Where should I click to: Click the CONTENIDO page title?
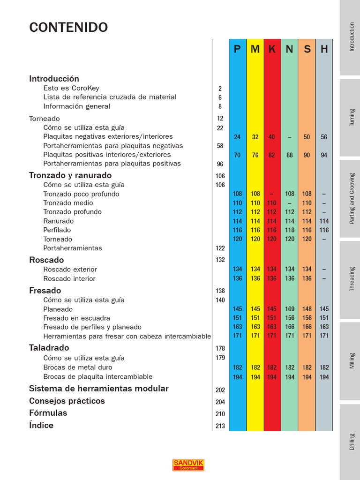tap(68, 28)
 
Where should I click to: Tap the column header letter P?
tap(237, 49)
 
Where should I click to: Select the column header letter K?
tap(272, 49)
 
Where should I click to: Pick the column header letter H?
tap(324, 49)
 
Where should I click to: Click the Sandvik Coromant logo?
tap(188, 465)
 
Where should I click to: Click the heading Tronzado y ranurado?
tap(70, 175)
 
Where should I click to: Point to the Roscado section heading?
tap(46, 260)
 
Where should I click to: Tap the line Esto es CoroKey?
tap(71, 88)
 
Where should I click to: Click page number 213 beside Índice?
tap(220, 426)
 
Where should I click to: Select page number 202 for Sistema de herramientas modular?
tap(220, 390)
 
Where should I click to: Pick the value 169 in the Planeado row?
tap(290, 309)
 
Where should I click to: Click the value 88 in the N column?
tap(290, 155)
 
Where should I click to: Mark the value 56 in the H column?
tap(324, 137)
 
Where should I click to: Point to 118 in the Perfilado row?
tap(290, 230)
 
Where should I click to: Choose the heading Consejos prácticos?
tap(67, 401)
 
